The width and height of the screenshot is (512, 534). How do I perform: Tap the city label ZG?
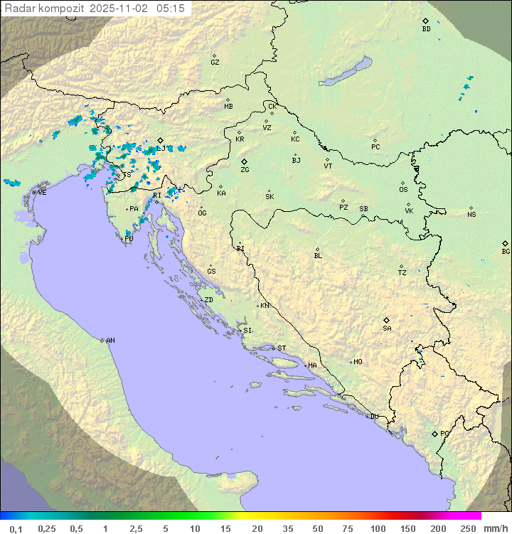pos(245,170)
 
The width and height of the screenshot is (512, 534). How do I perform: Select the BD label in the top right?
pos(426,29)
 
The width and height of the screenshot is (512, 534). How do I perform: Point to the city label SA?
pos(387,328)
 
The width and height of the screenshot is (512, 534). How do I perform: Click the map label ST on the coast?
pos(282,348)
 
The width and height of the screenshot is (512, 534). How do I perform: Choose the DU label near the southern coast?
pos(373,417)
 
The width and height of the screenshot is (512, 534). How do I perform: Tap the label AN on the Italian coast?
pos(110,341)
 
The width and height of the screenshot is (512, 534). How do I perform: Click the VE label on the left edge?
pos(42,193)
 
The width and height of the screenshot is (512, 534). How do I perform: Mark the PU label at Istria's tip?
pos(129,239)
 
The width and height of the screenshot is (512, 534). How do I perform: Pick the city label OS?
pos(403,190)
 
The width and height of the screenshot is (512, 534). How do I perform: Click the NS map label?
pos(471,215)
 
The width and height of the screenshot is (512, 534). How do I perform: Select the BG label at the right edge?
pos(506,251)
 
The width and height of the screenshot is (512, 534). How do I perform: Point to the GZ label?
pos(215,63)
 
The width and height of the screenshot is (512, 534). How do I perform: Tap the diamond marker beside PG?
pos(434,433)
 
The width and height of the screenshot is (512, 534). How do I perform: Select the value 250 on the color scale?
pos(468,528)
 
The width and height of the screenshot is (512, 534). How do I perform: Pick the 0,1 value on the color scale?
pos(16,528)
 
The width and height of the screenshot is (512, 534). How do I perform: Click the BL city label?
pos(318,255)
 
